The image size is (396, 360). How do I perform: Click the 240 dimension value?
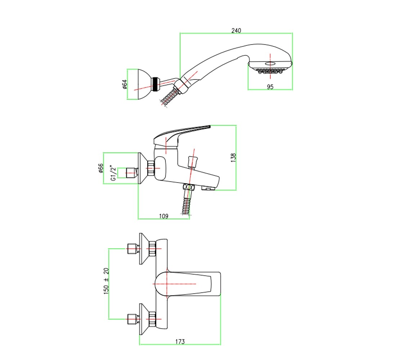click(x=236, y=31)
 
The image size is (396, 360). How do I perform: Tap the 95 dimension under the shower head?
click(x=270, y=87)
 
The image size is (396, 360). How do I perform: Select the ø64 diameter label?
click(x=125, y=84)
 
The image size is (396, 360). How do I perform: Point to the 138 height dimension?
click(x=233, y=157)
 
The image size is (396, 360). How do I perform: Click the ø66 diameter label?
click(x=101, y=168)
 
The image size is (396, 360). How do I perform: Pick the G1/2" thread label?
click(x=113, y=173)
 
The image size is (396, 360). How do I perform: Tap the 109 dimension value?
click(x=164, y=216)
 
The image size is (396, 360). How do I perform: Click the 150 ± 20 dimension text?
click(x=106, y=281)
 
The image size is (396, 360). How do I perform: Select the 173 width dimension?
click(x=180, y=342)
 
